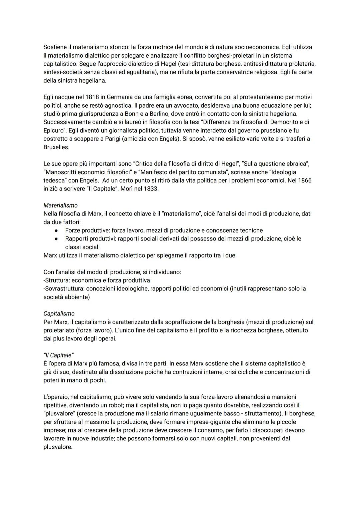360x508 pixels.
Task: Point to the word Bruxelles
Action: tap(56, 147)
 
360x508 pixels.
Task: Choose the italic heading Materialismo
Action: tap(60, 206)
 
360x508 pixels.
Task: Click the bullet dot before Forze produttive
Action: tap(57, 231)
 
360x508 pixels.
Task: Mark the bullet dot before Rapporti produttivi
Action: tap(57, 239)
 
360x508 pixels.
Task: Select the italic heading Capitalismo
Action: tap(59, 314)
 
